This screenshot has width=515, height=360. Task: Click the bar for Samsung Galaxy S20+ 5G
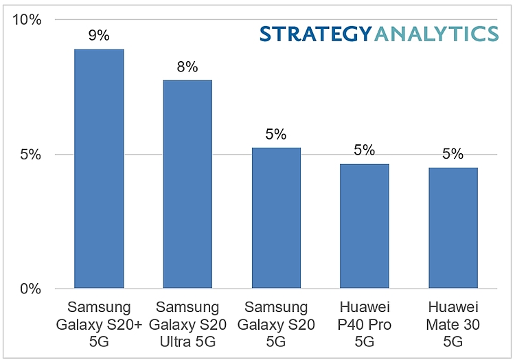99,168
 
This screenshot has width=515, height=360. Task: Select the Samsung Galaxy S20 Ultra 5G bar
187,184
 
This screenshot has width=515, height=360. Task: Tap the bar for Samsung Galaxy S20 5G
275,218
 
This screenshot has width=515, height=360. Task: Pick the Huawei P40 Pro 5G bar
364,226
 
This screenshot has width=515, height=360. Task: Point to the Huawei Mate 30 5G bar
453,228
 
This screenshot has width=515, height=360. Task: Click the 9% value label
99,36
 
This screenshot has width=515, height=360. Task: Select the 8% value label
187,67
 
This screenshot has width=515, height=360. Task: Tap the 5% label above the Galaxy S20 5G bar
275,134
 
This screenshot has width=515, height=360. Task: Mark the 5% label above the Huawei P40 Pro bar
364,150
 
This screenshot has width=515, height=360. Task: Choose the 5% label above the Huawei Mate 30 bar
453,154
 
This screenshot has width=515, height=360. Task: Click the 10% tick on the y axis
29,20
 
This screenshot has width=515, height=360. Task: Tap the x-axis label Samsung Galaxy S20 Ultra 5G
187,323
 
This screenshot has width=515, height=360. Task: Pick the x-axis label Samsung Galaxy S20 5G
275,323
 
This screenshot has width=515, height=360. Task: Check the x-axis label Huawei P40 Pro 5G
364,323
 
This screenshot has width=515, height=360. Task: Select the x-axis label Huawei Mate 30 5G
453,323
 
